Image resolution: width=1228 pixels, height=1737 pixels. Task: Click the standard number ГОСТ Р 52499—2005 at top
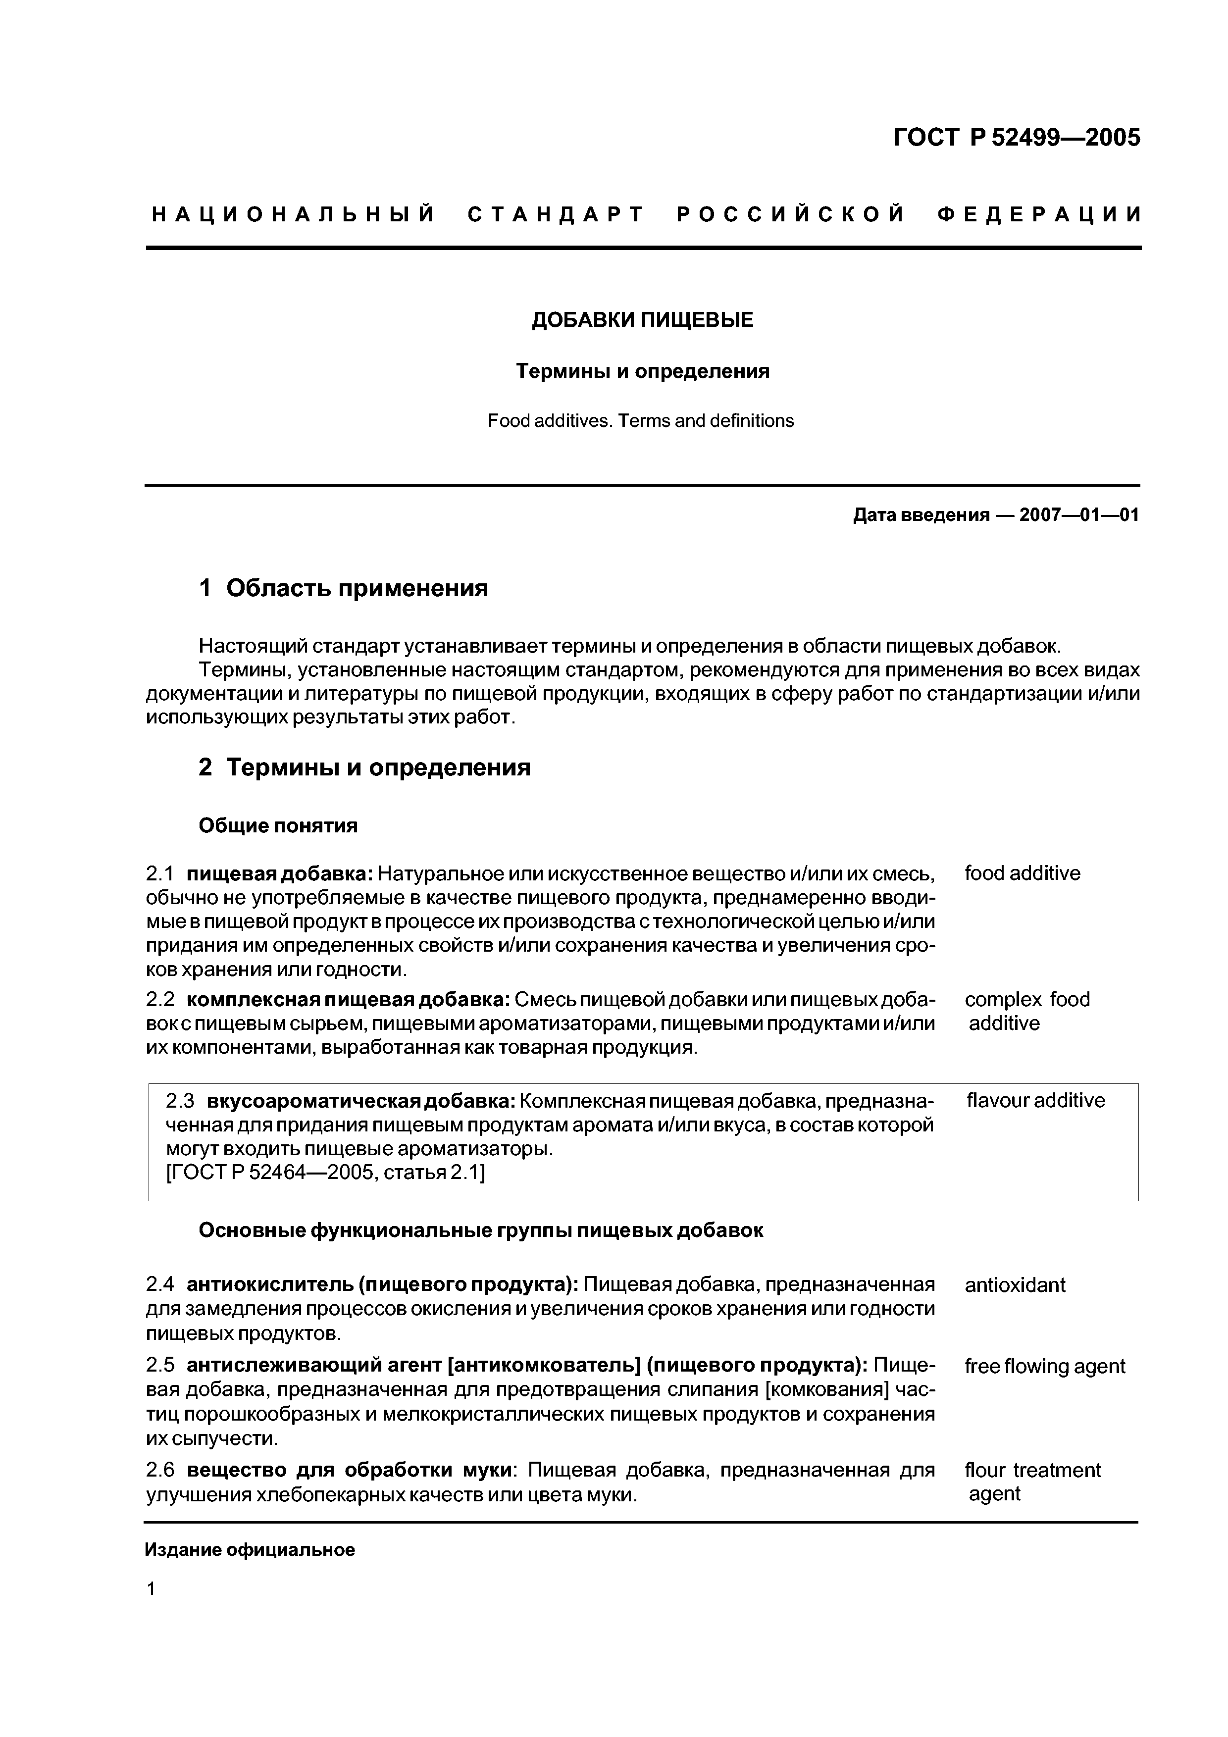click(x=1016, y=138)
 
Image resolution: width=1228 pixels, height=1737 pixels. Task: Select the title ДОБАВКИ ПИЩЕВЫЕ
click(x=642, y=320)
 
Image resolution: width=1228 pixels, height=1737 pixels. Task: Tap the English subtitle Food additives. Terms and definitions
click(x=641, y=420)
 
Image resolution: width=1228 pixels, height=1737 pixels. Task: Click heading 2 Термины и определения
click(x=364, y=768)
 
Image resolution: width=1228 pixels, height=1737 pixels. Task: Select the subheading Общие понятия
click(x=278, y=825)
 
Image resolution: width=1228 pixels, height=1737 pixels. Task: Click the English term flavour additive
click(x=1035, y=1100)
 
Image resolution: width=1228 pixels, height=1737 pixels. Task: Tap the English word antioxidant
click(x=1015, y=1284)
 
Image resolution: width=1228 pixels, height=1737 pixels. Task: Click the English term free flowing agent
click(x=1045, y=1366)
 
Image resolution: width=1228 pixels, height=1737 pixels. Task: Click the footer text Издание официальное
click(x=250, y=1550)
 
